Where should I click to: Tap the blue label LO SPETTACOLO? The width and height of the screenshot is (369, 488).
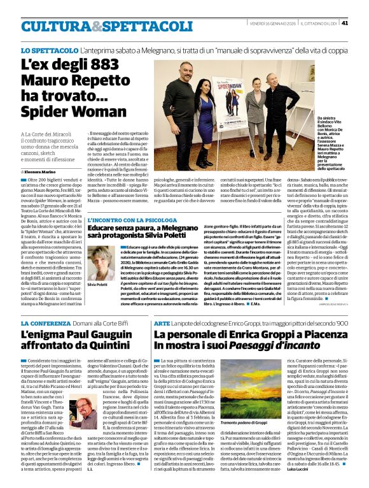point(48,49)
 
